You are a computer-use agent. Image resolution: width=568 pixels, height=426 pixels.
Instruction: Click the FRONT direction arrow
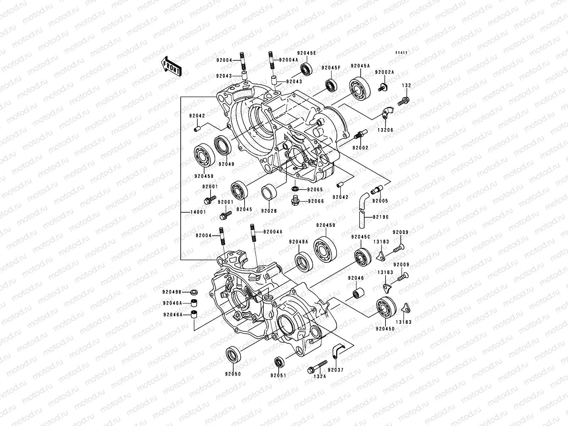point(172,66)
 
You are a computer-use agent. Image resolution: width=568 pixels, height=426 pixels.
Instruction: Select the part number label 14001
point(189,212)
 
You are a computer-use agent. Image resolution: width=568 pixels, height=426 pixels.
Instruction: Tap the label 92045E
point(307,53)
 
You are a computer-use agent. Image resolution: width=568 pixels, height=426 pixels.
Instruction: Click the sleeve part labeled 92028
point(269,193)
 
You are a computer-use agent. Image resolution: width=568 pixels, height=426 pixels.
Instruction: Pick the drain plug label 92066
point(315,201)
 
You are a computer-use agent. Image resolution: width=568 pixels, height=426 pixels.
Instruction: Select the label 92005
point(380,201)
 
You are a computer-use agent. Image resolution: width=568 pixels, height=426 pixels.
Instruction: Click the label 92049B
point(172,292)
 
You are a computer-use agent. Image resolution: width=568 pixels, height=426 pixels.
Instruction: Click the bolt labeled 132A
point(317,368)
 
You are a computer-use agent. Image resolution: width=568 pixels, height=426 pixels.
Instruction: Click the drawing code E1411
point(402,53)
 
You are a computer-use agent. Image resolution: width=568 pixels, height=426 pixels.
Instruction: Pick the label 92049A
point(298,242)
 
